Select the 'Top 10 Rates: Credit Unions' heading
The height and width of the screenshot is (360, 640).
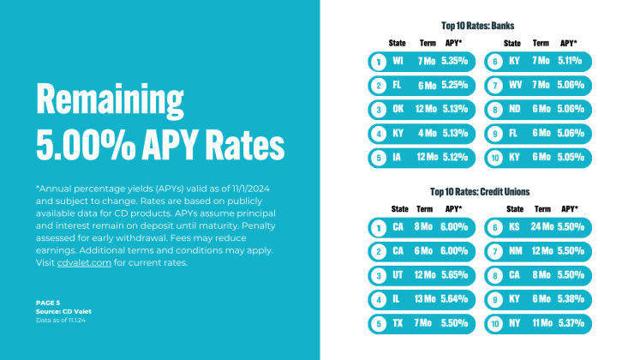pyautogui.click(x=477, y=191)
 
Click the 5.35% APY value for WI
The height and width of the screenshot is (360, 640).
pyautogui.click(x=455, y=62)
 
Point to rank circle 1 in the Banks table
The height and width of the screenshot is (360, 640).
pyautogui.click(x=378, y=62)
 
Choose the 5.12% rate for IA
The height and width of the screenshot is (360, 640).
pyautogui.click(x=455, y=158)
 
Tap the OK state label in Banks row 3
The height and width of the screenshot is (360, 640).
pyautogui.click(x=398, y=110)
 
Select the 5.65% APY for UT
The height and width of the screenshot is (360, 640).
pyautogui.click(x=455, y=276)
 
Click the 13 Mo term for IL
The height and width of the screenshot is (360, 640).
pyautogui.click(x=426, y=300)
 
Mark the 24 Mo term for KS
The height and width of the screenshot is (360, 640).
pyautogui.click(x=541, y=227)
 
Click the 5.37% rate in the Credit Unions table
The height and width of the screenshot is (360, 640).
pyautogui.click(x=570, y=324)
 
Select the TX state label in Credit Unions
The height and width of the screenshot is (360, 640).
pyautogui.click(x=398, y=324)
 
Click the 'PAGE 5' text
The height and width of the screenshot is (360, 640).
pyautogui.click(x=49, y=303)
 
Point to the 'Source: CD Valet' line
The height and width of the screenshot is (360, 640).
pyautogui.click(x=63, y=310)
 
